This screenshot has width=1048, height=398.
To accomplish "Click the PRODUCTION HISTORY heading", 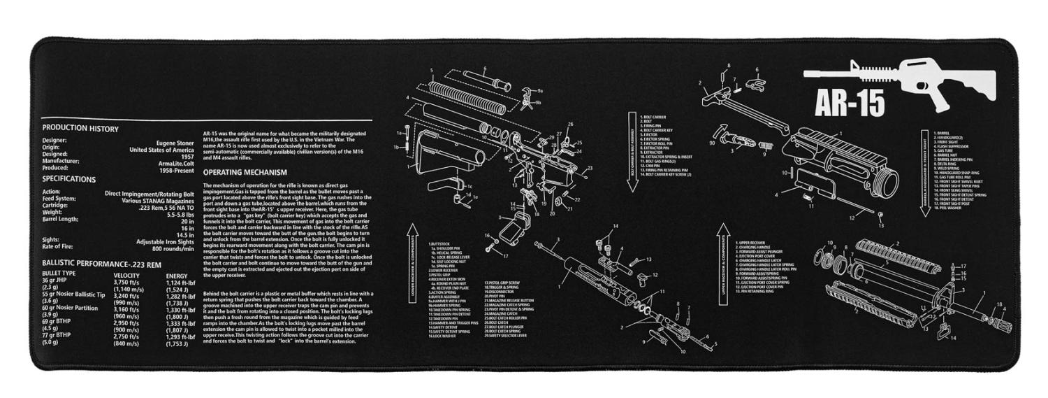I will (80, 129).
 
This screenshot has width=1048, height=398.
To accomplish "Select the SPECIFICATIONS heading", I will (69, 179).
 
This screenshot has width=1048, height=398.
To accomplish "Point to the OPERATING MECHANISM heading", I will (242, 172).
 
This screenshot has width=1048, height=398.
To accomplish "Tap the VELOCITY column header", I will (126, 276).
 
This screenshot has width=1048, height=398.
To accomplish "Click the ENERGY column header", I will (176, 276).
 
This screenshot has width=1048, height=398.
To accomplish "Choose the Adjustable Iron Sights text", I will (165, 242).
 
